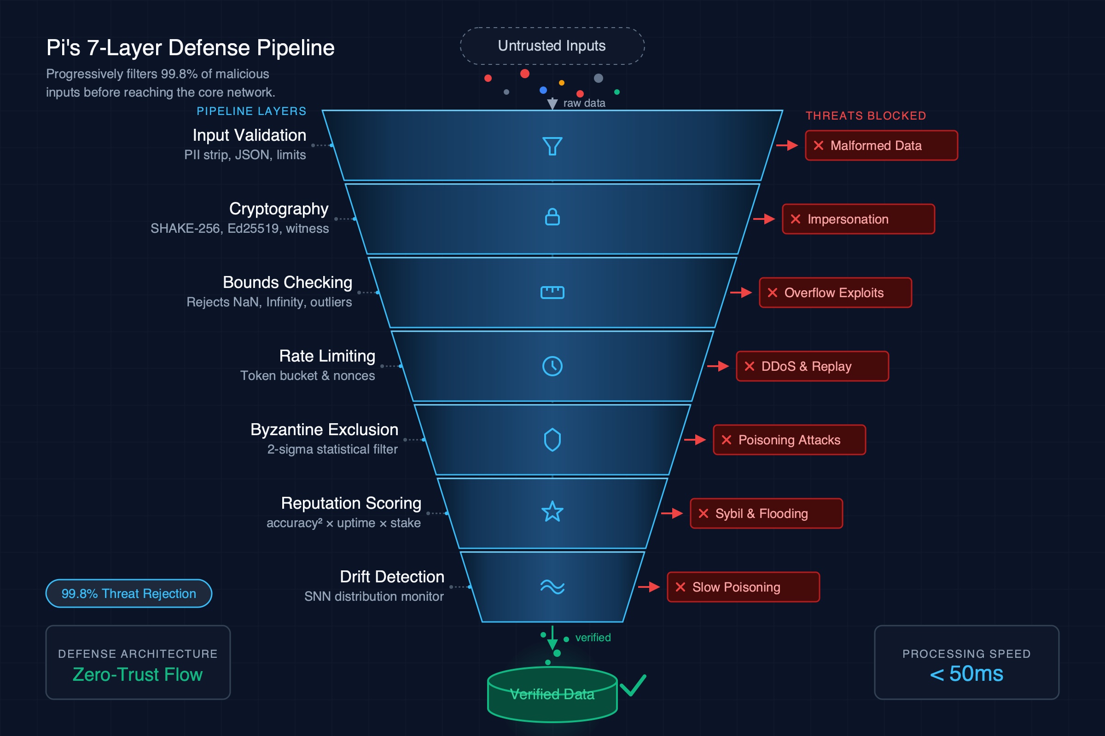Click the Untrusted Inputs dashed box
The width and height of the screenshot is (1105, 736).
click(x=552, y=46)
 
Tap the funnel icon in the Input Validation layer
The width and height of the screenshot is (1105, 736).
click(x=552, y=146)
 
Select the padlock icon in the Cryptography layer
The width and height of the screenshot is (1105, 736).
click(x=552, y=217)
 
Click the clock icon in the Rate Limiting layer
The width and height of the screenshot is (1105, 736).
click(x=552, y=366)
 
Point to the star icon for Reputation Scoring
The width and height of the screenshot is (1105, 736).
click(x=552, y=512)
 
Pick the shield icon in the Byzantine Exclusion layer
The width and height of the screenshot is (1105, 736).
click(x=552, y=440)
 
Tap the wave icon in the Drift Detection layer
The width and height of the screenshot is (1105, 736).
click(x=552, y=587)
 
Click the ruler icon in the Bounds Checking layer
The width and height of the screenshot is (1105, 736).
click(x=552, y=293)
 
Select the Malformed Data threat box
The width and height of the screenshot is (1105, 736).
click(x=881, y=145)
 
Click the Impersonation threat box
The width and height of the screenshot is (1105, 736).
click(x=858, y=219)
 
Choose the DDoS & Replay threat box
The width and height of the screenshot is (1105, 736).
click(x=812, y=366)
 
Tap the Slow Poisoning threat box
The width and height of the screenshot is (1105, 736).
click(x=743, y=587)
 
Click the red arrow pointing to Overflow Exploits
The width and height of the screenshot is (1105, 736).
click(x=741, y=293)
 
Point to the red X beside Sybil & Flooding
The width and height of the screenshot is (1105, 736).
click(x=704, y=513)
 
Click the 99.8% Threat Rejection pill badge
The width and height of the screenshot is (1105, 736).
click(x=129, y=593)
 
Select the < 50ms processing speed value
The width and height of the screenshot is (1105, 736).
click(x=966, y=674)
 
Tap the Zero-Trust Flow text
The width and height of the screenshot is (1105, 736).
click(x=138, y=674)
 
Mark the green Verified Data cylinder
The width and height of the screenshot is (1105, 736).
click(x=552, y=695)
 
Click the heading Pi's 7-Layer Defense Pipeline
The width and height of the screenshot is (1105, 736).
click(x=190, y=48)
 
